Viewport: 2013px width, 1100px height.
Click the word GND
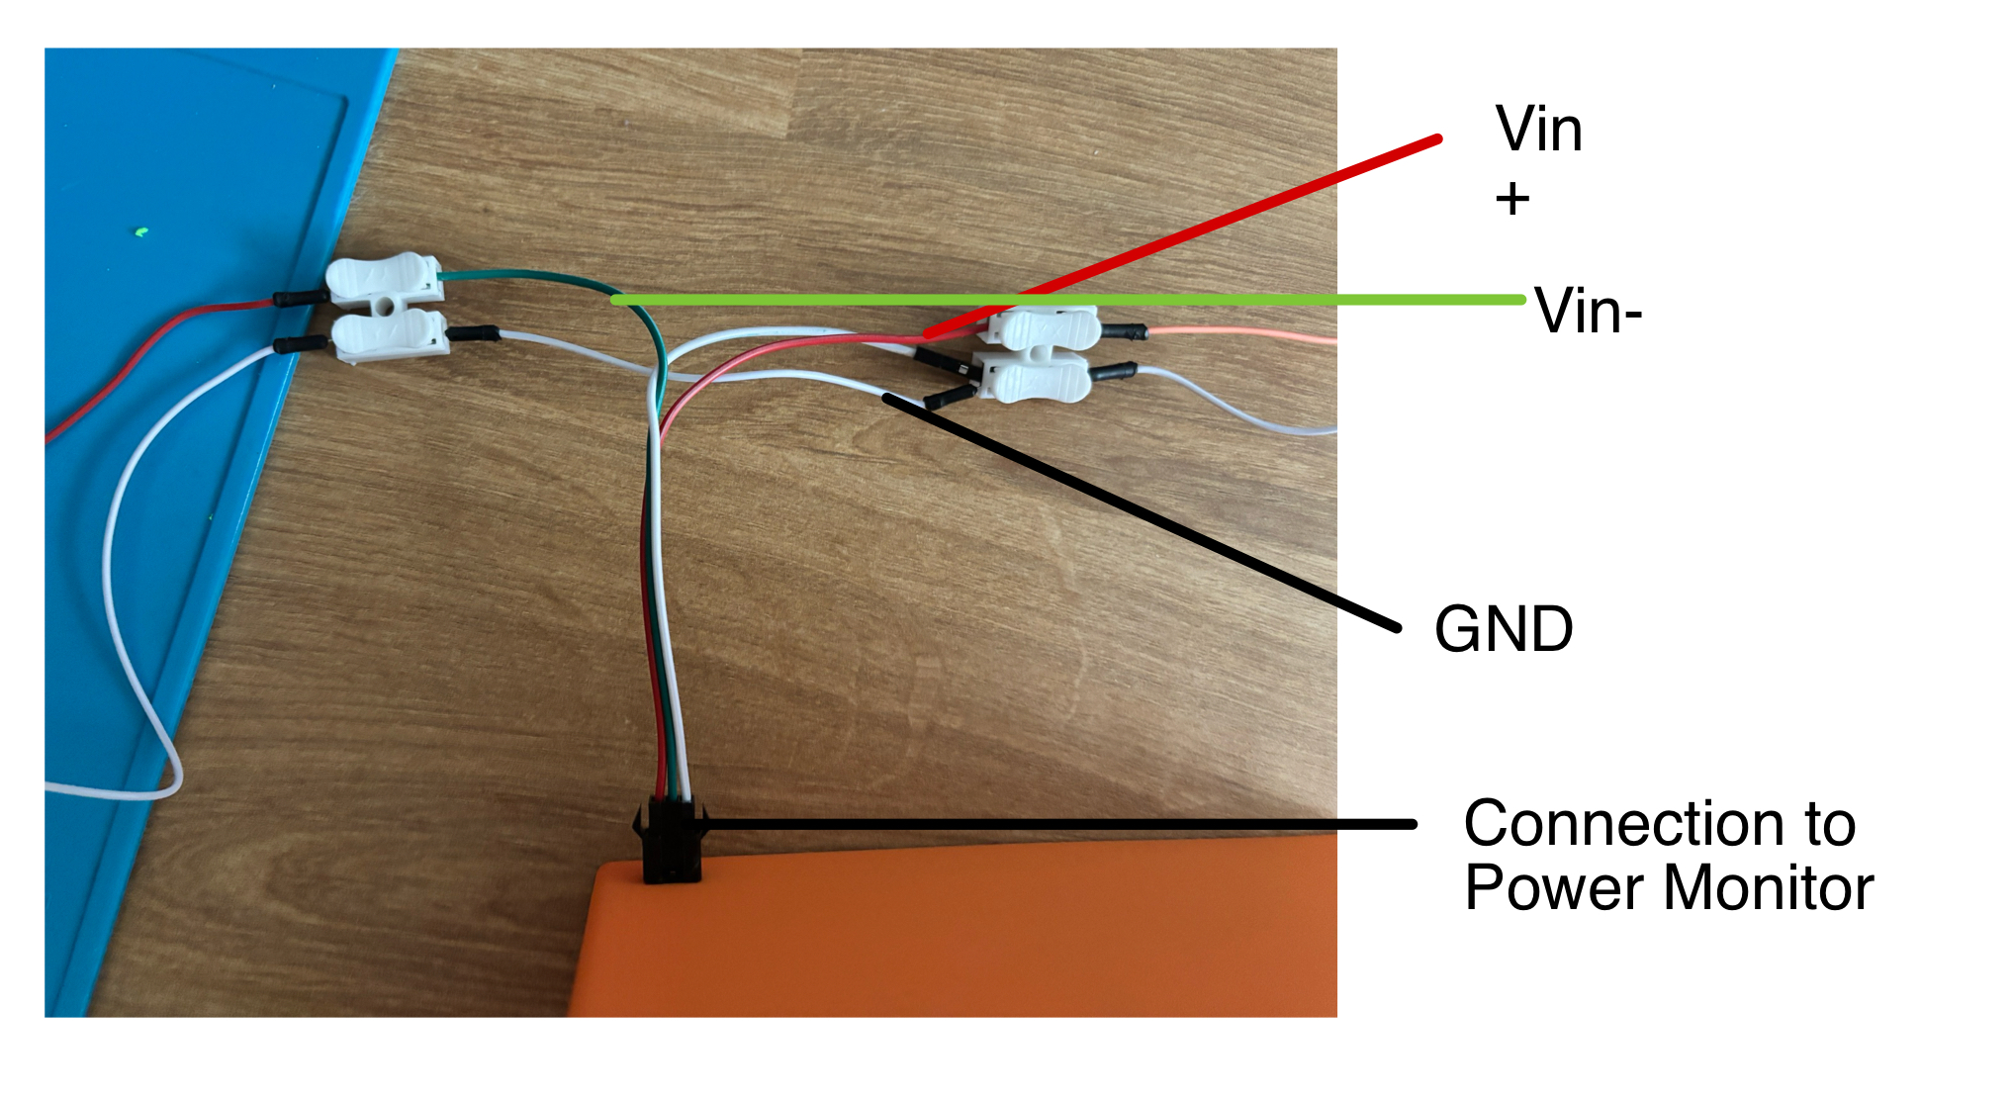click(x=1504, y=630)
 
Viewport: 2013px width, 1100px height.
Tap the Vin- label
click(x=1589, y=312)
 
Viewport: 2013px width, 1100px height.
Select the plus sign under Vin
click(x=1512, y=200)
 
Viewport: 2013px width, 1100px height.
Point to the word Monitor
click(x=1770, y=887)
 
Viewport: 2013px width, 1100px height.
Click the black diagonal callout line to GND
click(x=1138, y=510)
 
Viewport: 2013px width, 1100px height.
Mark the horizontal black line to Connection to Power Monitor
click(x=1058, y=823)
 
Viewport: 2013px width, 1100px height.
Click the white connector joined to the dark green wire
click(x=384, y=279)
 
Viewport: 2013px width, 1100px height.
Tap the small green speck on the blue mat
click(x=140, y=233)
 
